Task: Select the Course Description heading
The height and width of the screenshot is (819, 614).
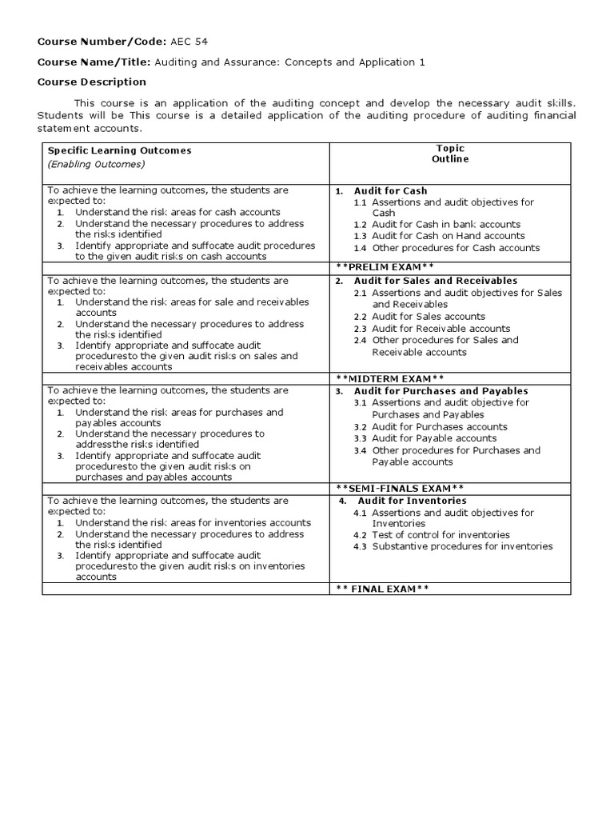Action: coord(92,82)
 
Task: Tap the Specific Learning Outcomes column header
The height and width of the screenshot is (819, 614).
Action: coord(119,150)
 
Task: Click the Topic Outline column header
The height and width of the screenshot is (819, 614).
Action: coord(450,154)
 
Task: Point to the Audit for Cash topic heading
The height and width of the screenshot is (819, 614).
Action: coord(390,190)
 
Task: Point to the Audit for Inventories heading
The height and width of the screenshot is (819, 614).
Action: coord(412,501)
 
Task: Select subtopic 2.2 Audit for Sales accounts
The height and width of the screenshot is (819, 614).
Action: coord(429,317)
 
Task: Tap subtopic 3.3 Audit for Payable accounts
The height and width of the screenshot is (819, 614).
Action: coord(434,438)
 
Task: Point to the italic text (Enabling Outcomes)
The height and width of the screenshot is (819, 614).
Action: coord(96,164)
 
